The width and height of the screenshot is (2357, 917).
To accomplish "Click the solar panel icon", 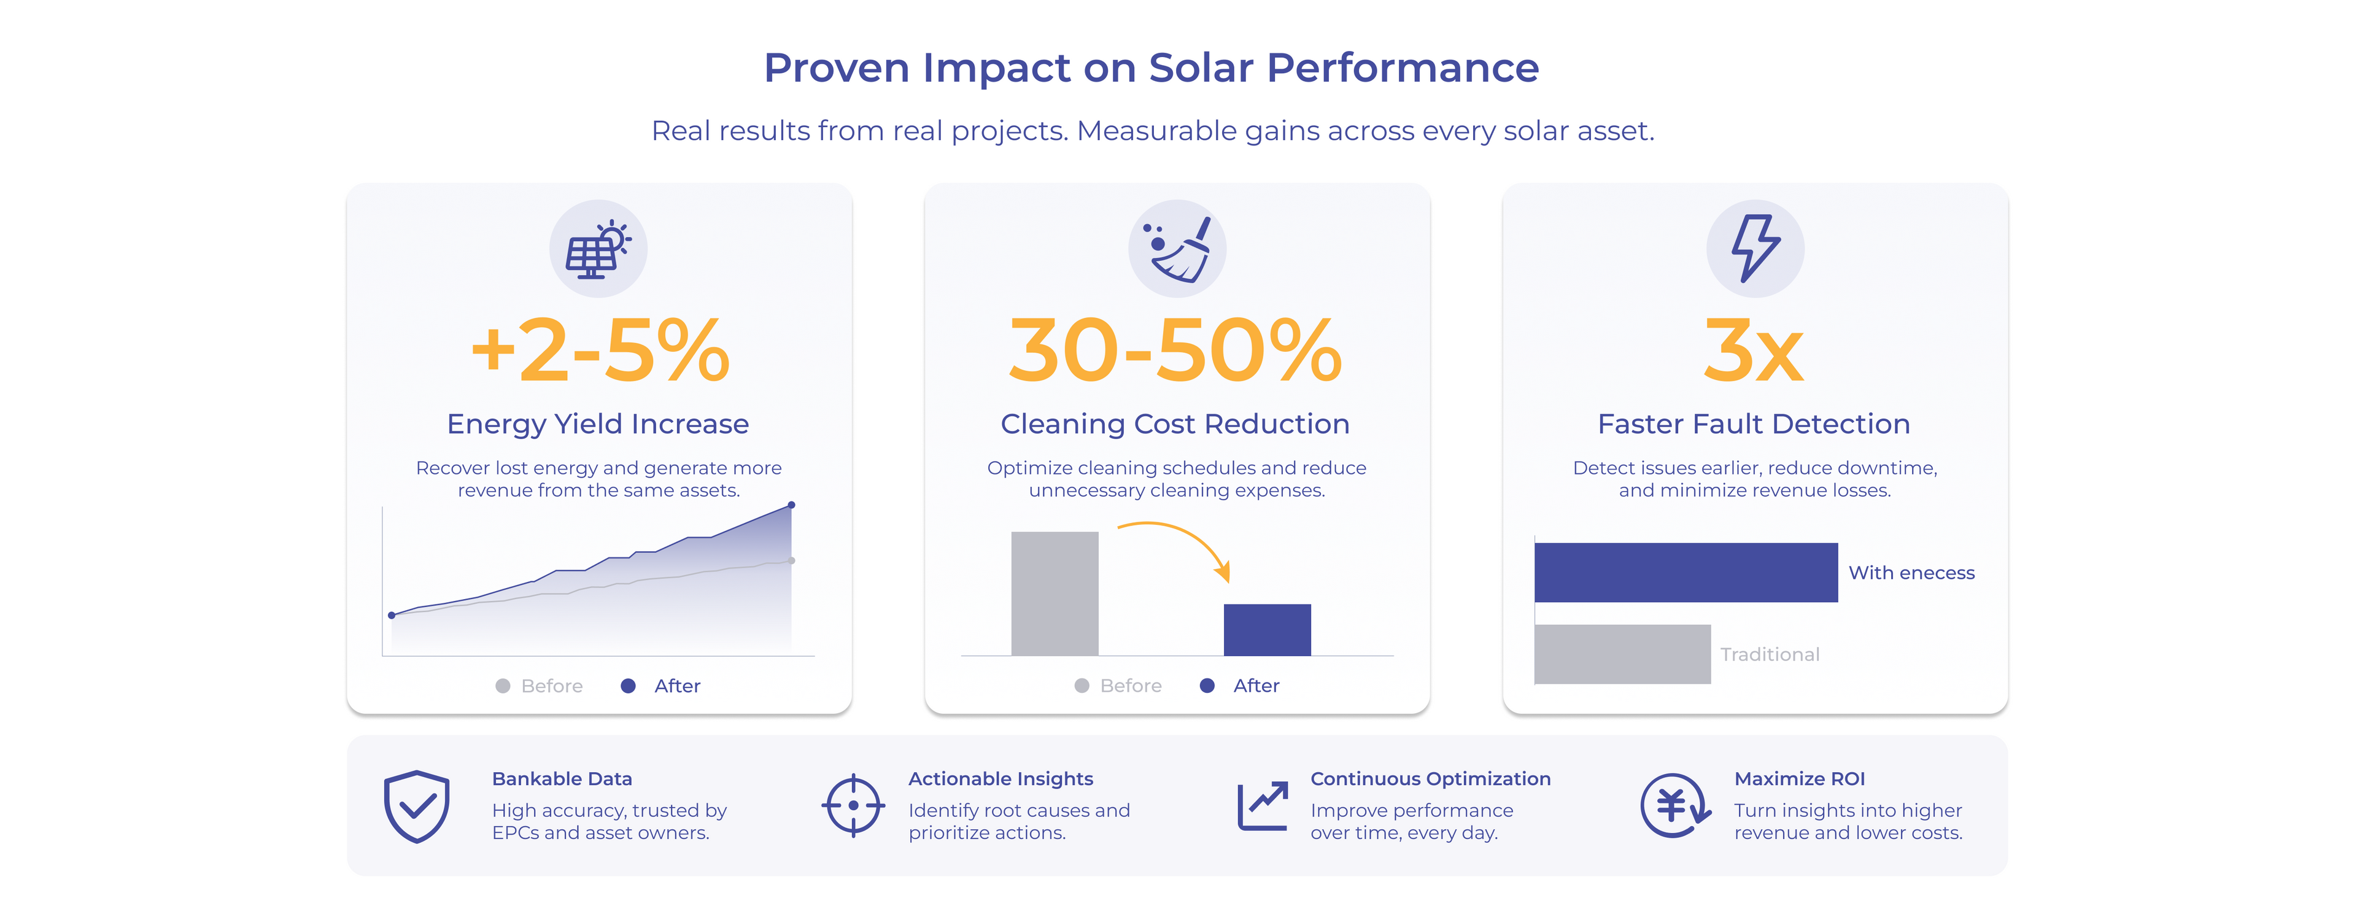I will pyautogui.click(x=597, y=249).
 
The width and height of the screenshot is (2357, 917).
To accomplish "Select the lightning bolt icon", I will pyautogui.click(x=1755, y=249).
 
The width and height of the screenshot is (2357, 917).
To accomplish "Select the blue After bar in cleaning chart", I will pyautogui.click(x=1268, y=630).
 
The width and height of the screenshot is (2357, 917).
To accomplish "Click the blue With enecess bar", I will pyautogui.click(x=1686, y=573).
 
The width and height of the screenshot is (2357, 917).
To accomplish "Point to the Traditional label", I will pyautogui.click(x=1770, y=654).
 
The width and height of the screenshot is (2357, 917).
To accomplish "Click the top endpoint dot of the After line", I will pyautogui.click(x=791, y=505).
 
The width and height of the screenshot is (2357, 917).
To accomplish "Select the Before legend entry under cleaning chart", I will pyautogui.click(x=1118, y=686).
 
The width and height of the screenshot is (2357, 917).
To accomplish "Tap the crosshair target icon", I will pyautogui.click(x=853, y=805).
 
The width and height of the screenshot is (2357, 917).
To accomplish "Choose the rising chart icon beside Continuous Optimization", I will pyautogui.click(x=1263, y=805).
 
